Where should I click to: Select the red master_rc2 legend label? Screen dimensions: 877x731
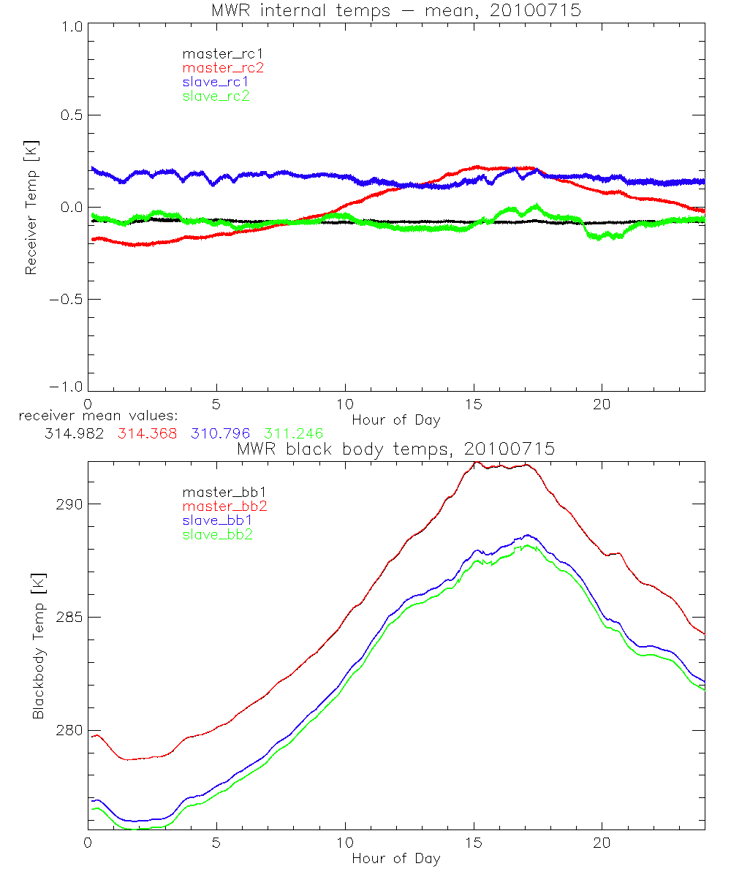coord(222,68)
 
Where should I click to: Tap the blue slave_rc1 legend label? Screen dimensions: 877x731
coord(216,82)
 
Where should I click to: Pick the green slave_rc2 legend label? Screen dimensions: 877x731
coord(216,96)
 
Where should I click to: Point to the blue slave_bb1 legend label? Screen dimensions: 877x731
coord(216,521)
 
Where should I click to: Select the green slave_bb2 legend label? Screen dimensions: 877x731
coord(216,535)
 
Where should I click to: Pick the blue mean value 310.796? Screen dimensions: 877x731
coord(221,433)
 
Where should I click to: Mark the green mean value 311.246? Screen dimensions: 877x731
coord(294,433)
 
